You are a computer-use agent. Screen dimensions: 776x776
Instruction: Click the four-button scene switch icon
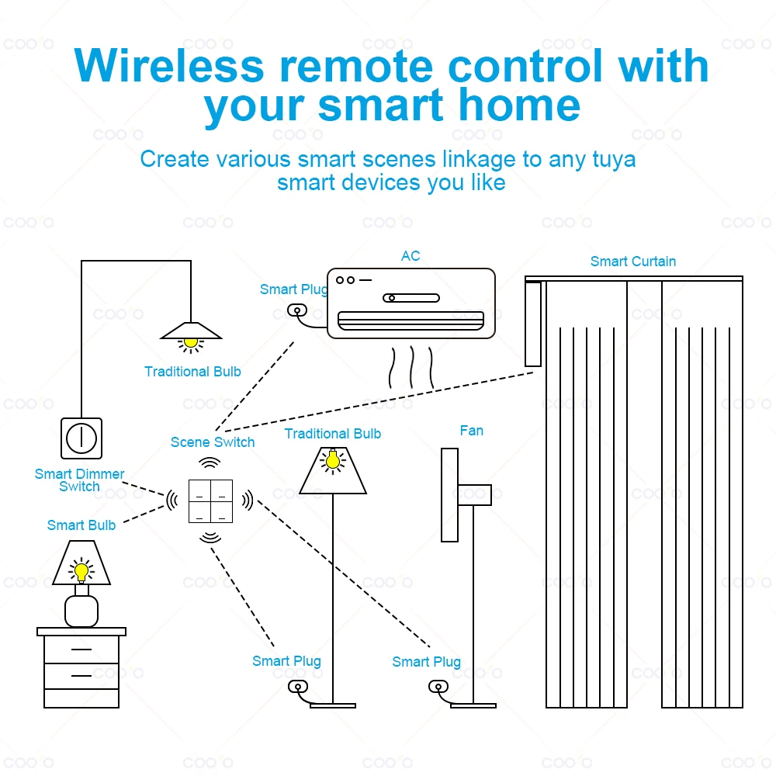point(210,501)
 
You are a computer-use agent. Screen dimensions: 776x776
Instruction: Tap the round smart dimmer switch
point(81,438)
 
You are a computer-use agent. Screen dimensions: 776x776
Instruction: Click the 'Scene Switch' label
point(213,442)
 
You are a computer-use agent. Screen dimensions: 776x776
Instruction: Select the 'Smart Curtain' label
point(632,262)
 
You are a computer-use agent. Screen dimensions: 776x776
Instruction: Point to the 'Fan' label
point(471,431)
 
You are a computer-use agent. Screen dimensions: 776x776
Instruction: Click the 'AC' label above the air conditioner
point(411,256)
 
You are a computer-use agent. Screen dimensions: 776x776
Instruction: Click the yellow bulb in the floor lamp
point(332,461)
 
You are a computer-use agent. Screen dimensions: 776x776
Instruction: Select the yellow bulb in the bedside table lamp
point(81,572)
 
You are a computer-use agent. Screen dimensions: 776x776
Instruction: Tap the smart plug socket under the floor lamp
point(296,687)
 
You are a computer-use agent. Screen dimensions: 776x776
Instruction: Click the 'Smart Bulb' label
point(81,525)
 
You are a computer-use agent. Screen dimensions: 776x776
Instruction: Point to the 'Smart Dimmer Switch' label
point(79,480)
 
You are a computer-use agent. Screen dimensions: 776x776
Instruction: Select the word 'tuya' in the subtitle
point(613,160)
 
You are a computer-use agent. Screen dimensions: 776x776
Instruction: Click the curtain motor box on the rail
point(533,324)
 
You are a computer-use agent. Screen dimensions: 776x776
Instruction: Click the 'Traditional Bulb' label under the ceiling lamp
point(192,372)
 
